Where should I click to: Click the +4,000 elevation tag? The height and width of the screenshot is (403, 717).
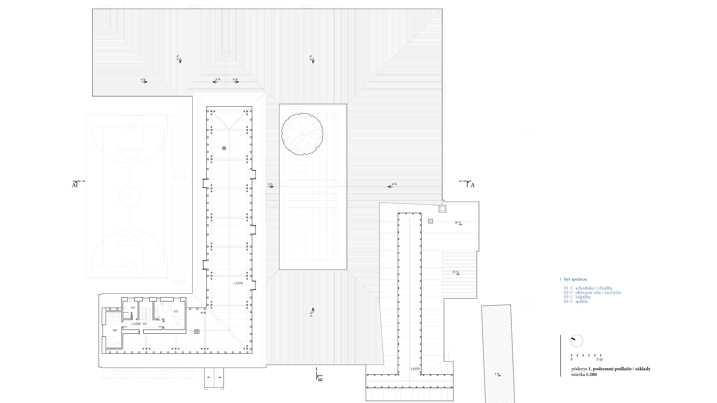[x=136, y=324]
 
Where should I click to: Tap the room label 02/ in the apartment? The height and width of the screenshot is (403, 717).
[x=176, y=311]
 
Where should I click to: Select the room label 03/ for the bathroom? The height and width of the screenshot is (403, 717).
[x=133, y=308]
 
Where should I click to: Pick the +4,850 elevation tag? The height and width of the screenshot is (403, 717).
[x=415, y=369]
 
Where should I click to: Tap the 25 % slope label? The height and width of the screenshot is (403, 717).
[x=455, y=272]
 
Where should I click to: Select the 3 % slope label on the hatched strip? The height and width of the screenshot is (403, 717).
[x=497, y=374]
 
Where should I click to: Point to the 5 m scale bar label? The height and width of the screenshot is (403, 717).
[x=600, y=359]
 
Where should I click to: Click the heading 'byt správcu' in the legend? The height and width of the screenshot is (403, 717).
[x=575, y=279]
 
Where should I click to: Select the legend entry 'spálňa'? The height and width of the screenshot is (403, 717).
[x=581, y=301]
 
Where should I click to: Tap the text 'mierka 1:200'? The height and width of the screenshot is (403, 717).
[x=584, y=374]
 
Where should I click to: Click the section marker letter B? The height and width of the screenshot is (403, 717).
[x=320, y=379]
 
